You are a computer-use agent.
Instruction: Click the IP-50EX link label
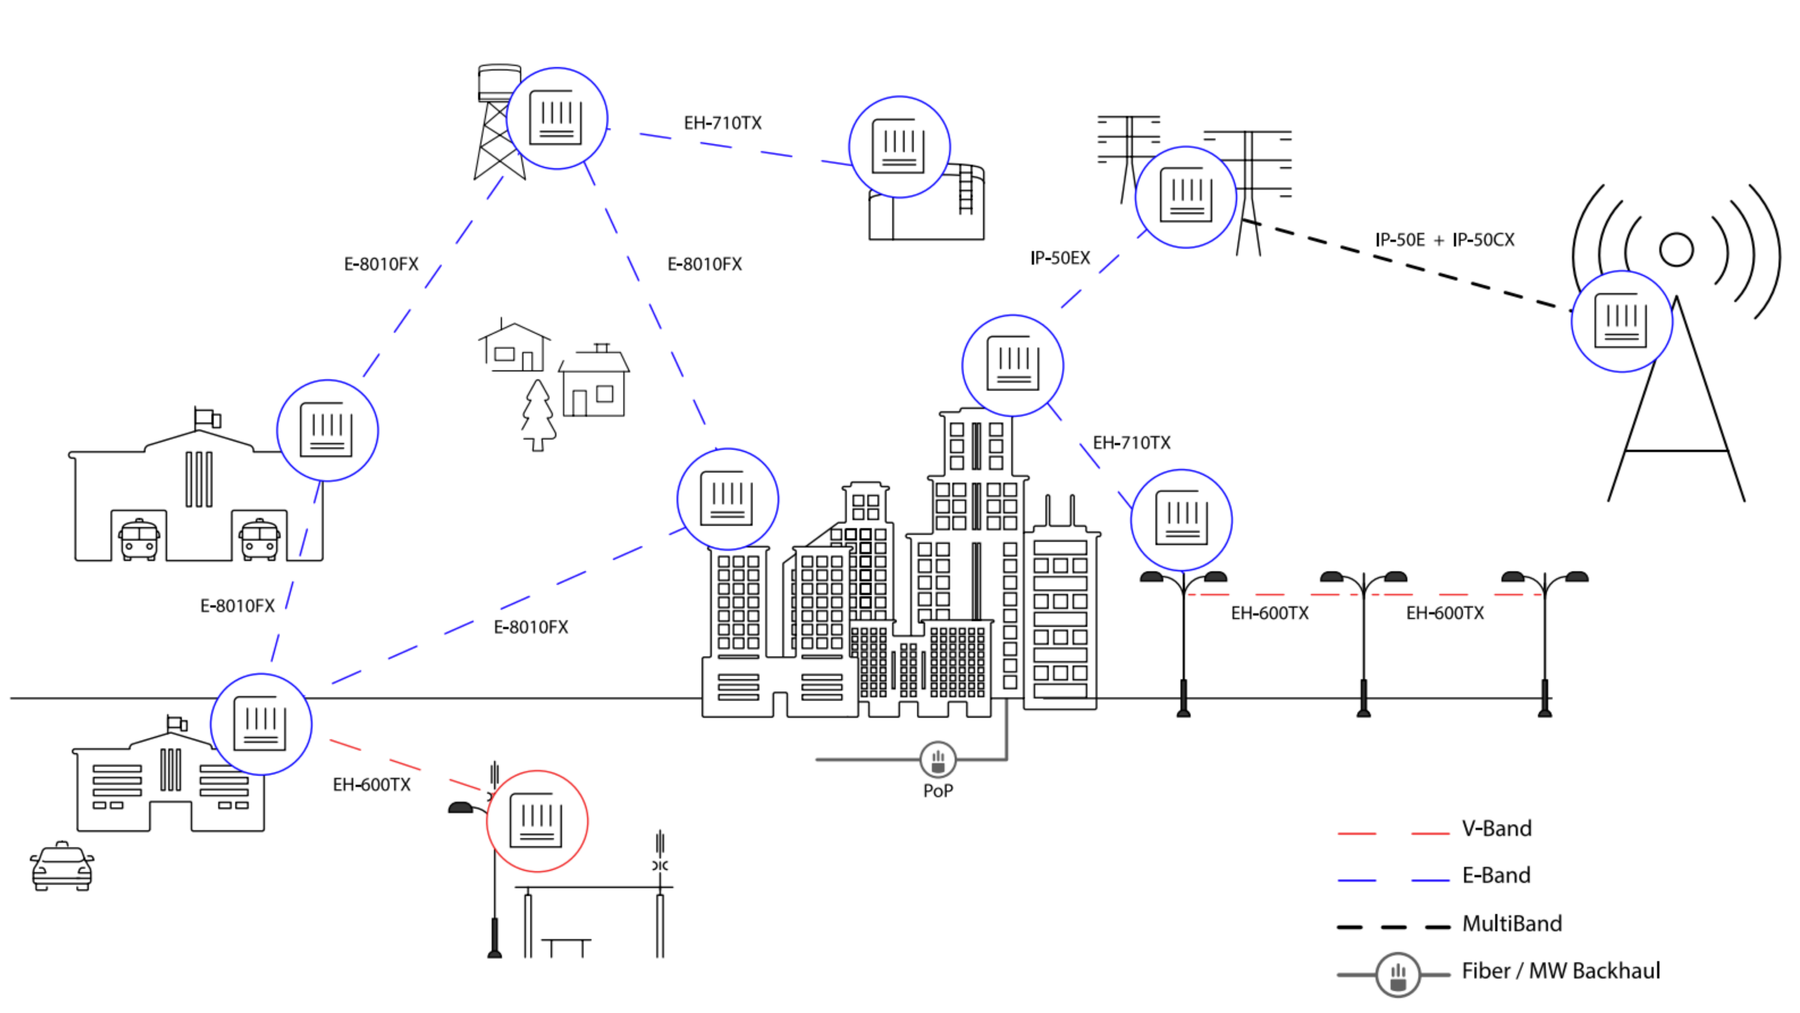tap(1059, 258)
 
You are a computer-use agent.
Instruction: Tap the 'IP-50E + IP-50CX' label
tap(1444, 240)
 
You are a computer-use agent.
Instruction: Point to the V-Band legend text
tap(1496, 829)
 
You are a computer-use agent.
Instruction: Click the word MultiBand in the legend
tap(1511, 923)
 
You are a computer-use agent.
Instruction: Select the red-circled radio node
tap(537, 821)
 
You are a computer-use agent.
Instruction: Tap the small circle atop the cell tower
tap(1676, 250)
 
